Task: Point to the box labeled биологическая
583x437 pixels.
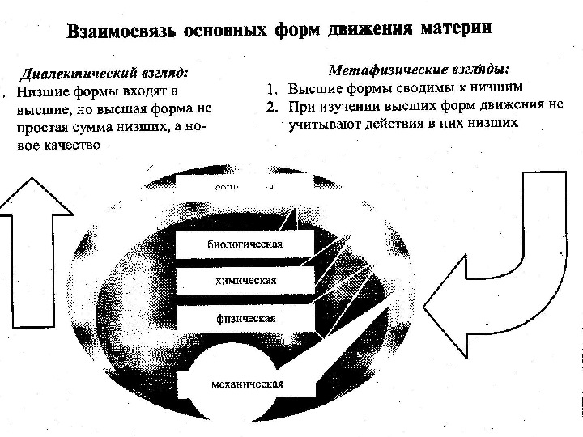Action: (x=246, y=243)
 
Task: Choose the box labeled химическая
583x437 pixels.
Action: (x=246, y=281)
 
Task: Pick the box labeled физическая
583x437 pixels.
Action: (x=246, y=318)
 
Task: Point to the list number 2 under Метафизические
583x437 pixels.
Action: (x=272, y=106)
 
